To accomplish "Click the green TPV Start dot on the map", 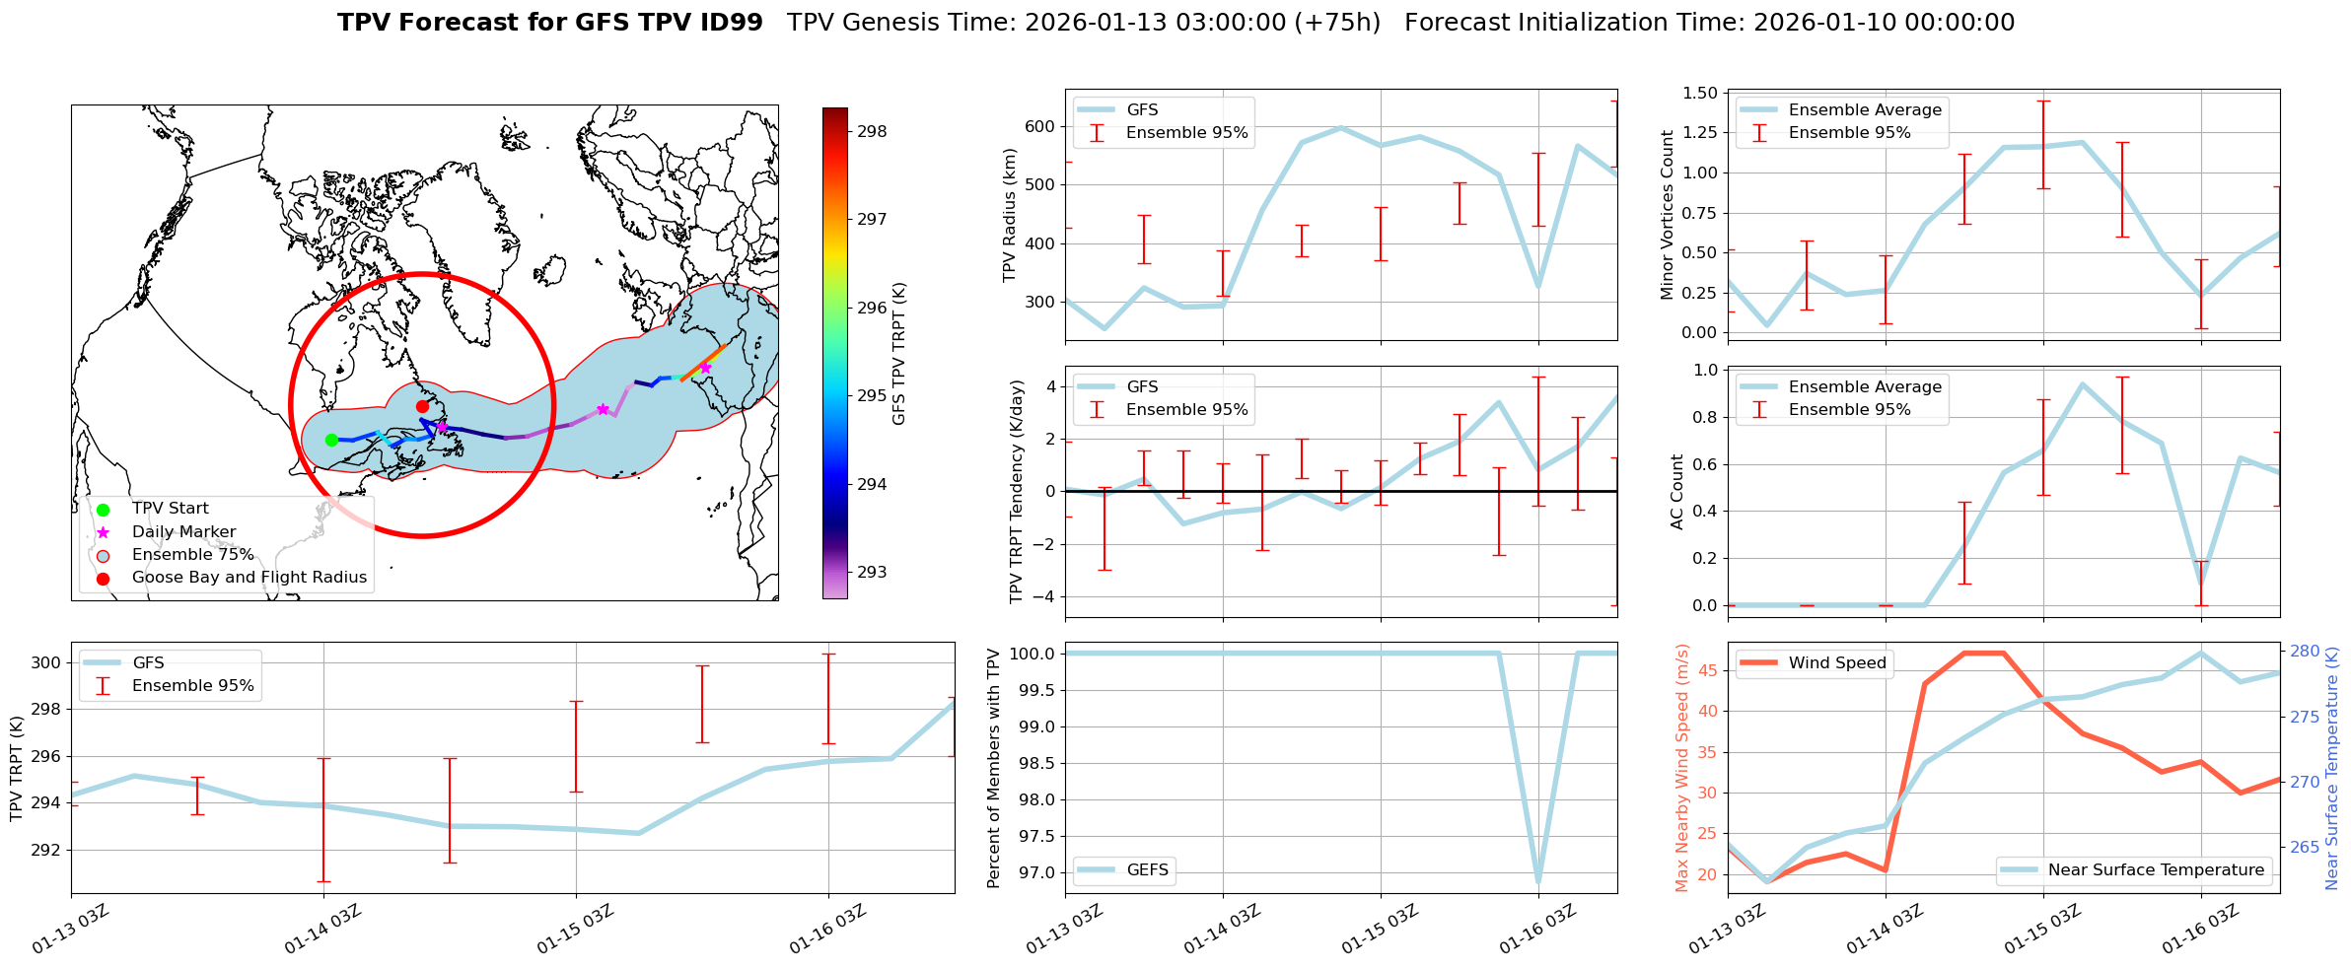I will click(331, 440).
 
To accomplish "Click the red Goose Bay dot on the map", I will click(422, 406).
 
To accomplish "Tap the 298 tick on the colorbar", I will click(871, 131).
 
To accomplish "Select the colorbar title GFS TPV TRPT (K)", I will click(898, 354).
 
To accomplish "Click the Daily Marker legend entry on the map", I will click(183, 531).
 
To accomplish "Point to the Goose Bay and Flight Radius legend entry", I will click(249, 577).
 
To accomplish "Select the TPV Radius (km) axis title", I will click(1009, 215).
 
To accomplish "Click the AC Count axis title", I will click(1677, 492).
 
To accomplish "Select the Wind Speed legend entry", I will click(1836, 662).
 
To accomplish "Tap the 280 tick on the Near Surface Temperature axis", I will click(2305, 651).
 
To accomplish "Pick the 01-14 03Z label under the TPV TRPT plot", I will click(322, 930).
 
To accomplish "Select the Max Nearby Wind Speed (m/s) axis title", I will click(1682, 768).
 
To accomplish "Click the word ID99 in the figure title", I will click(728, 23).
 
